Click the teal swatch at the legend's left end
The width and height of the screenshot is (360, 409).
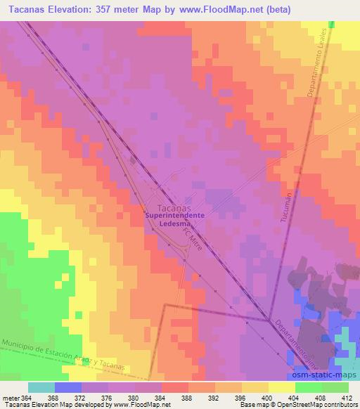click(x=41, y=387)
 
